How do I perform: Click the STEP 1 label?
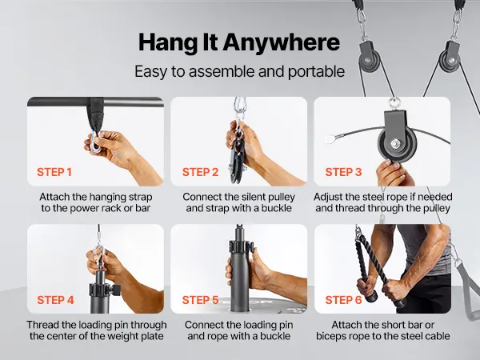pyautogui.click(x=54, y=172)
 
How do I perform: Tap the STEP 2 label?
pyautogui.click(x=200, y=172)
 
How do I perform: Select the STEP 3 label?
pyautogui.click(x=343, y=172)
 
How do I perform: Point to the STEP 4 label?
pyautogui.click(x=55, y=300)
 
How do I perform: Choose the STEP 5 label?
pyautogui.click(x=200, y=300)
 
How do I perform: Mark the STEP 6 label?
pyautogui.click(x=343, y=300)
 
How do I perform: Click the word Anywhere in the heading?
pyautogui.click(x=281, y=42)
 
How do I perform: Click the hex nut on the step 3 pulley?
pyautogui.click(x=395, y=142)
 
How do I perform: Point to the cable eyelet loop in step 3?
pyautogui.click(x=330, y=139)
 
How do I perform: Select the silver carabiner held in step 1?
pyautogui.click(x=95, y=141)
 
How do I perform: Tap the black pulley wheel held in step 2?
pyautogui.click(x=236, y=156)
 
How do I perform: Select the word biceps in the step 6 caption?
pyautogui.click(x=331, y=337)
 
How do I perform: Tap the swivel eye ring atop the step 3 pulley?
pyautogui.click(x=394, y=102)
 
